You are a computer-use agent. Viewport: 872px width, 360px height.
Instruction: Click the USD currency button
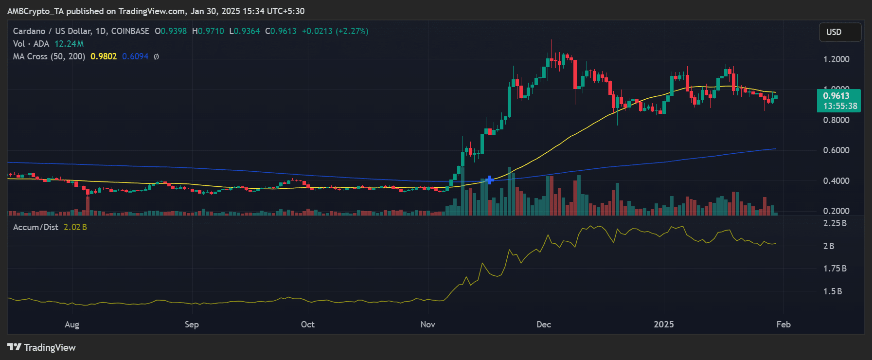[840, 32]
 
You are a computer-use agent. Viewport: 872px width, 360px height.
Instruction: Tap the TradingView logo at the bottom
[42, 347]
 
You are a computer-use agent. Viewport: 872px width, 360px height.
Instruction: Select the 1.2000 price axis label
[836, 59]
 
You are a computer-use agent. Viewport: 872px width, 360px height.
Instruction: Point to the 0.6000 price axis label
[836, 150]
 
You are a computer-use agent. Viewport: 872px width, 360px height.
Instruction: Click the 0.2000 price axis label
[836, 211]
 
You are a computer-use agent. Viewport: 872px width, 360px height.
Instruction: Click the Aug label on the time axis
[72, 324]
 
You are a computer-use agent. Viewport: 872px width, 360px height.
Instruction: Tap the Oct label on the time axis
[307, 324]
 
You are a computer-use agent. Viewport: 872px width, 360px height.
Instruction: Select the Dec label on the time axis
[543, 324]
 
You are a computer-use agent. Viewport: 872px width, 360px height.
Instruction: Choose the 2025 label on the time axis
[664, 324]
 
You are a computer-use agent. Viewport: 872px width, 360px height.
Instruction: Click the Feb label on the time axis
[783, 324]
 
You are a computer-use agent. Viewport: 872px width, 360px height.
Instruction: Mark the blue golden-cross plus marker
[490, 180]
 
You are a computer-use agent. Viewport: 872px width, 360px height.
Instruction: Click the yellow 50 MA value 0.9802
[104, 56]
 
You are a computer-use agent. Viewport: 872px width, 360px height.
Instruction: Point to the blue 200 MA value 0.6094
[135, 56]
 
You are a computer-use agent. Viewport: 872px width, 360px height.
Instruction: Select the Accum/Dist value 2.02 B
[75, 227]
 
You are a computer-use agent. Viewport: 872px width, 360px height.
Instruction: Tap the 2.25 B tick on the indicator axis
[835, 223]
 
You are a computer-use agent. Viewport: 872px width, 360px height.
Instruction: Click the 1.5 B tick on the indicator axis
[833, 291]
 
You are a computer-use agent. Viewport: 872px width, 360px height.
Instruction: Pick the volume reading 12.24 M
[69, 44]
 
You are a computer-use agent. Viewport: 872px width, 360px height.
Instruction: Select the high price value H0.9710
[208, 31]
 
